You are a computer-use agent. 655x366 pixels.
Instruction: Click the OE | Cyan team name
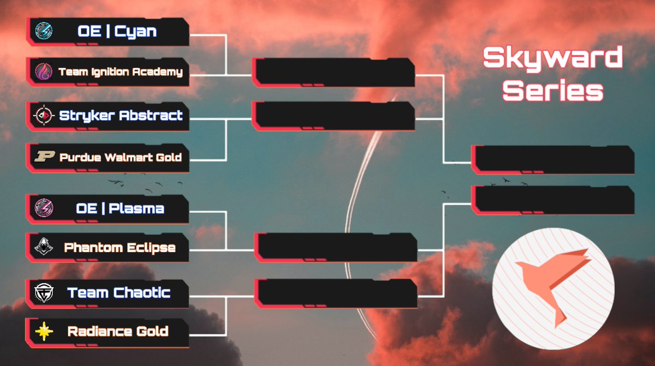117,31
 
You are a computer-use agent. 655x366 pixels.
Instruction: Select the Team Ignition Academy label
120,71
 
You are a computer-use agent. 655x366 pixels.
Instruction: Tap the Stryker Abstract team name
121,116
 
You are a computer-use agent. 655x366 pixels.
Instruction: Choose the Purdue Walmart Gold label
120,157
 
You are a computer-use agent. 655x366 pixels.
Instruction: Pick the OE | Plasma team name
120,208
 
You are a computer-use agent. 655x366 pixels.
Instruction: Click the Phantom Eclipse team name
120,248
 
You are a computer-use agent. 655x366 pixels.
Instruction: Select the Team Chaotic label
119,293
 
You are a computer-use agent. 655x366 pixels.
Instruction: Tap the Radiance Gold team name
118,331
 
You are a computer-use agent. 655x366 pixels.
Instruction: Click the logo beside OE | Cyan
43,31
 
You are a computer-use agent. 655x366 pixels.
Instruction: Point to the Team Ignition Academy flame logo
43,71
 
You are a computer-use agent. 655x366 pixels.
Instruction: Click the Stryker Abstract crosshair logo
43,116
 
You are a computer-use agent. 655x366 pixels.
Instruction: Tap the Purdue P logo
43,157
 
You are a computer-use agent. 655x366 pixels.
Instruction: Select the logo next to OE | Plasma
43,208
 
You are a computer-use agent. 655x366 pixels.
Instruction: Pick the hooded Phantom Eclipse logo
43,248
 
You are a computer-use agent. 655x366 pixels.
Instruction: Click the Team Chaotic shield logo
43,293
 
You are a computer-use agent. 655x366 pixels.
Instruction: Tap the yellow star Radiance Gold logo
43,331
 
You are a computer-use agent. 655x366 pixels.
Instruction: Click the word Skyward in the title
552,58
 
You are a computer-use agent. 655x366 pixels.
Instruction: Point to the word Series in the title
552,90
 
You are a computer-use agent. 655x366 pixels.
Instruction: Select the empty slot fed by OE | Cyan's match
334,71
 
